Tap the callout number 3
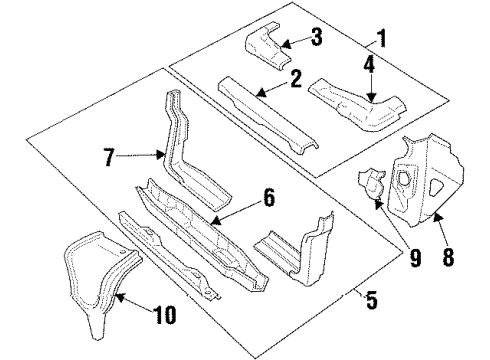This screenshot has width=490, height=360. tap(315, 40)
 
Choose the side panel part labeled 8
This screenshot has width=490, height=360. tap(420, 180)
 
